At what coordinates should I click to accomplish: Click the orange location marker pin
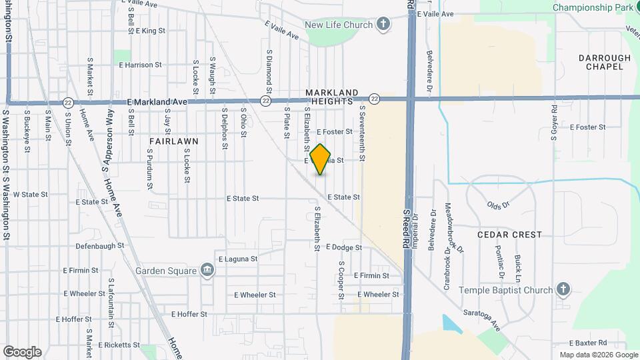321,159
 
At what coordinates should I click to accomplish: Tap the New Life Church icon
383,25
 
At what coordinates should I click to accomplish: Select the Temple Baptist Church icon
563,290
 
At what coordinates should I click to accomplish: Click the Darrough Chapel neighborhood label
605,62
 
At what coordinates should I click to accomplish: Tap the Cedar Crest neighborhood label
510,235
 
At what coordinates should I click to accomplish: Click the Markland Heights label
332,97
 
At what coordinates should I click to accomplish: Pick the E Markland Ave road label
157,102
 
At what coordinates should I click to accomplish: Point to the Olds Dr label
498,205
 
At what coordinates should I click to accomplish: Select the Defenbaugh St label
100,246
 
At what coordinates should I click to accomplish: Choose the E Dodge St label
344,247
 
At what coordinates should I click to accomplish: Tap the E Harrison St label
140,65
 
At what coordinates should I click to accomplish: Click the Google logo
22,352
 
